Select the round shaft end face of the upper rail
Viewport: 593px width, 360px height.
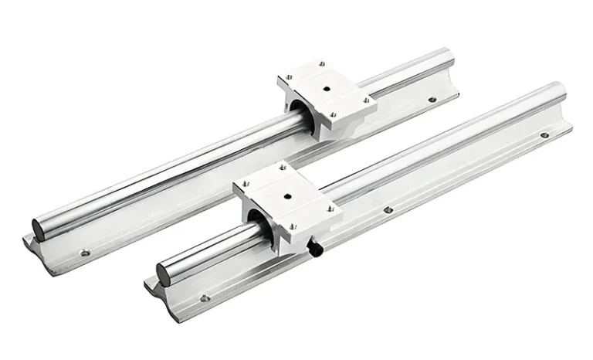point(39,228)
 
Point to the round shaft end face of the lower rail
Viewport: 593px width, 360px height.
point(167,273)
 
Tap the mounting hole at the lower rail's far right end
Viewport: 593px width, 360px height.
point(544,135)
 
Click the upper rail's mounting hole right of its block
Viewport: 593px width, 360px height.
point(432,99)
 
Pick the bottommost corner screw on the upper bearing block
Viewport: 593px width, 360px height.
point(334,117)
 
